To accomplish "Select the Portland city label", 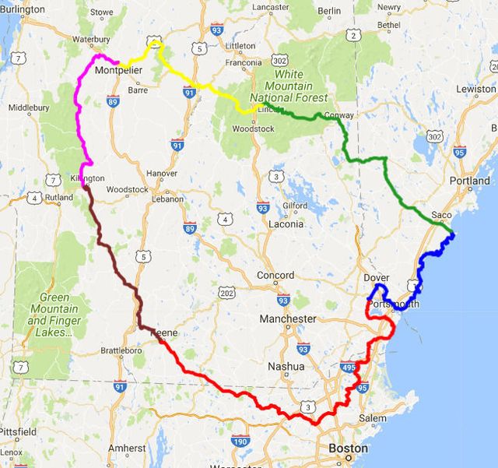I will [x=469, y=181].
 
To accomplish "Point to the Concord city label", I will [x=275, y=275].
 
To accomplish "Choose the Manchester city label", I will [x=288, y=318].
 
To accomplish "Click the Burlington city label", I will [x=23, y=9].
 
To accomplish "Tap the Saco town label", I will [x=441, y=214].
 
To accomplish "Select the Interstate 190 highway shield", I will [x=241, y=442].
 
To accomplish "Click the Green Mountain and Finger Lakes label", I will [x=54, y=315].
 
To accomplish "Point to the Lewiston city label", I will [x=475, y=90].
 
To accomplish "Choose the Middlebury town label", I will [x=29, y=107].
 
